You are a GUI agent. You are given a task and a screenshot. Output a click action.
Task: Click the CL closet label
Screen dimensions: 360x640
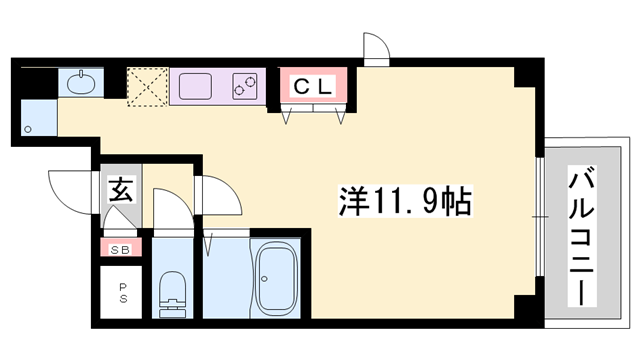312,87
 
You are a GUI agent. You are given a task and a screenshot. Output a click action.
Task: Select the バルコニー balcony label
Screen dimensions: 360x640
585,236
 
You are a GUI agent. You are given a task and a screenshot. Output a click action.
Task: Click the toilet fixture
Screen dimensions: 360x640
172,291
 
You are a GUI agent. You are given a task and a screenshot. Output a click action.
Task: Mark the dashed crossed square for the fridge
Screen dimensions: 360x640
146,87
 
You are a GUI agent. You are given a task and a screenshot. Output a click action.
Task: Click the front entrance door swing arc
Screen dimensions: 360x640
68,187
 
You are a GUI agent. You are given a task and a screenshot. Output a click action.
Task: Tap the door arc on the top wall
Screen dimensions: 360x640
375,47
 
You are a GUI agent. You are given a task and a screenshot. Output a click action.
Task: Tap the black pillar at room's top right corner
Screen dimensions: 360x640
521,77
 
